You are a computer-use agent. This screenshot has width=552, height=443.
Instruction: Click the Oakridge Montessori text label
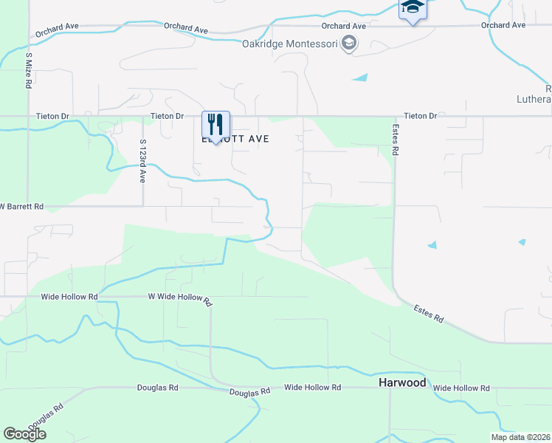290,44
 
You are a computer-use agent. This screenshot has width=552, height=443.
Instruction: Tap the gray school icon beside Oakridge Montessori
349,44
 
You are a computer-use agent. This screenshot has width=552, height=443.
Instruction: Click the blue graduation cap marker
413,10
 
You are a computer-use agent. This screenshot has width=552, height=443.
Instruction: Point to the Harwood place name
402,383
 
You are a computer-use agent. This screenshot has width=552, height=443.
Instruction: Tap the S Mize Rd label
28,70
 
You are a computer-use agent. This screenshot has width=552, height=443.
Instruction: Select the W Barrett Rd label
22,207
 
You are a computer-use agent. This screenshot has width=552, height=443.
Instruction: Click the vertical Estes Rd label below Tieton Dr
396,139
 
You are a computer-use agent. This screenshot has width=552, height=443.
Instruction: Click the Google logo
24,434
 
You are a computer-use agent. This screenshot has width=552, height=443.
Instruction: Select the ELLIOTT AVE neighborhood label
235,139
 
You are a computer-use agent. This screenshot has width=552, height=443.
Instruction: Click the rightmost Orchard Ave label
503,25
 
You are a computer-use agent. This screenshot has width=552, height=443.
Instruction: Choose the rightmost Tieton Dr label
421,116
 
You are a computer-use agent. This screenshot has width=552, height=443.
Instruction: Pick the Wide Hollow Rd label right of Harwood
461,388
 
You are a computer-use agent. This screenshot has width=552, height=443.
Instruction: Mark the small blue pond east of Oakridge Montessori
360,78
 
